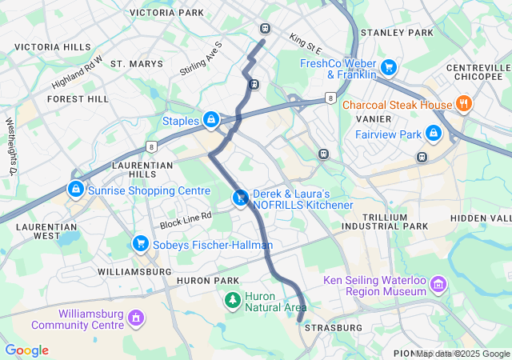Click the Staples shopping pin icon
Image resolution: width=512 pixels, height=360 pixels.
210,120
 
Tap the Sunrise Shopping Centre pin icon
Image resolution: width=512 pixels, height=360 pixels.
75,190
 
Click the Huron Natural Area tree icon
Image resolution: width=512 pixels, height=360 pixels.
232,300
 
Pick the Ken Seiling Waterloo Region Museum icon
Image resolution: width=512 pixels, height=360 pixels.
438,284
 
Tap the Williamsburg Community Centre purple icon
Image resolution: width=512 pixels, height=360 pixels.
135,318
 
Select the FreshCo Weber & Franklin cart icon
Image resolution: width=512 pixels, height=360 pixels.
389,67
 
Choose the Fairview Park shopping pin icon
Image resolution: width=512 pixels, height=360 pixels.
434,133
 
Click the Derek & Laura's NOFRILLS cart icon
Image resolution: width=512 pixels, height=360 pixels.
239,198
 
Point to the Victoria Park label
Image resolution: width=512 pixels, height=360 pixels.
166,13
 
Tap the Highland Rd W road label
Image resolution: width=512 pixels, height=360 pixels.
78,73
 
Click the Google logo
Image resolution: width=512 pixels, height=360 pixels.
26,350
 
